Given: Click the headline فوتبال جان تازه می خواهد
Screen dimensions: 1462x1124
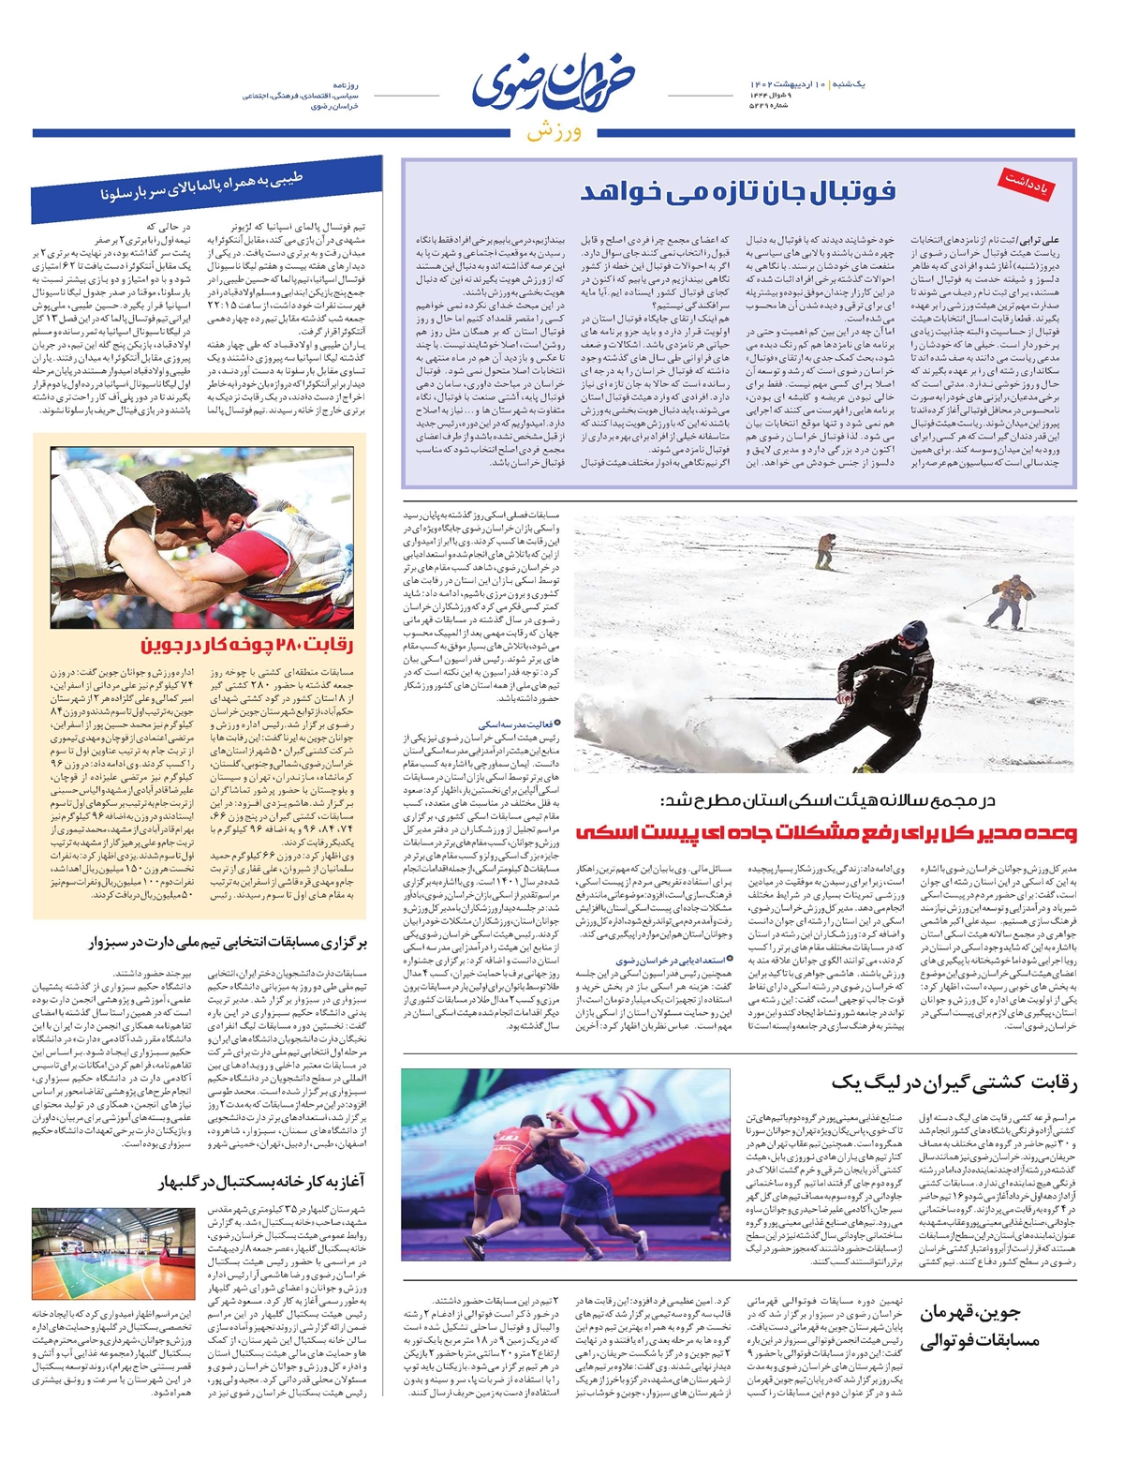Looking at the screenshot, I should pos(738,192).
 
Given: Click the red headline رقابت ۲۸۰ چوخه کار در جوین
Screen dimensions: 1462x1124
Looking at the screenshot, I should pos(247,645).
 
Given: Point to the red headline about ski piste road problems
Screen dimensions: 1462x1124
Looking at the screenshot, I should pos(826,831).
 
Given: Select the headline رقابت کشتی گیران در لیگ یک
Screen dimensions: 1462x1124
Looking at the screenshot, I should pos(954,1083).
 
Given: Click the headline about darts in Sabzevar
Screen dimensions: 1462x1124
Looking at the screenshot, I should pos(229,943).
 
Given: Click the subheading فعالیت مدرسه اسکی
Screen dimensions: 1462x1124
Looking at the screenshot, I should pos(517,724).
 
